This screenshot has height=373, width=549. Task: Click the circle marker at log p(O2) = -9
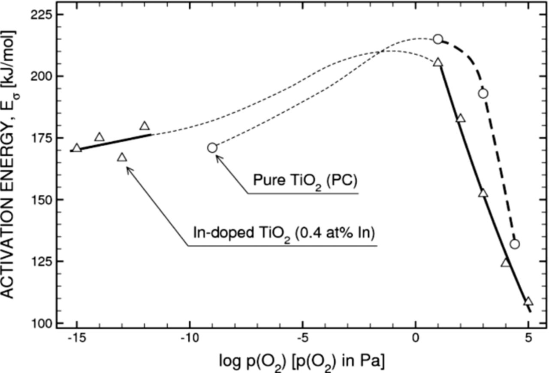coord(212,148)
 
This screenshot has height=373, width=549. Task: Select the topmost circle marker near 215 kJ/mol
coord(437,39)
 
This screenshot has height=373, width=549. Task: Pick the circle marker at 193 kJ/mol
coord(483,93)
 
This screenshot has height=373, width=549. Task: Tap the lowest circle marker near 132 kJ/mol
coord(515,244)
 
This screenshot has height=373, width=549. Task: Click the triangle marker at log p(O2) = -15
coord(77,148)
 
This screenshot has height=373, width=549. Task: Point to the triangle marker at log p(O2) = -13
coord(122,157)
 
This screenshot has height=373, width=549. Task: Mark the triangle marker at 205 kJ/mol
coord(437,63)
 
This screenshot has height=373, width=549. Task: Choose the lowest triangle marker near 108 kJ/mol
coord(528,301)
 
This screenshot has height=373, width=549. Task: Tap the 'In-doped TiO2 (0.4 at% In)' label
coord(284,235)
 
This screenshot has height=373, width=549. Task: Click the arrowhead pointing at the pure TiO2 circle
coord(217,157)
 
